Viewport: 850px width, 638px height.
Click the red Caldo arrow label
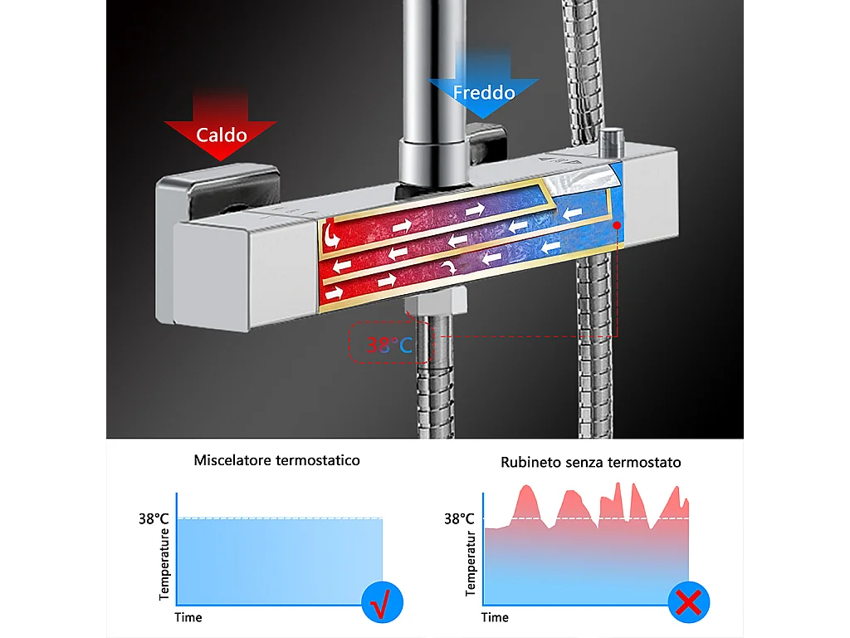coord(221,134)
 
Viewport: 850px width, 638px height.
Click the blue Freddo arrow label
coord(484,91)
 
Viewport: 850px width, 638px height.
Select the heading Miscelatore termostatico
coord(277,459)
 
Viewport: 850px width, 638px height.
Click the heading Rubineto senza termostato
coord(590,462)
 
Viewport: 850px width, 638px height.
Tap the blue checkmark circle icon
coord(382,602)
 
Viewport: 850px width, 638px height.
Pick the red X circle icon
coord(688,602)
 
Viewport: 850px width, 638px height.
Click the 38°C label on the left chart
coord(154,518)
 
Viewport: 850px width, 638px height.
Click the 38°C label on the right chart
coord(458,518)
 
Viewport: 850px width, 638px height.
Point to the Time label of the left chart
coord(188,617)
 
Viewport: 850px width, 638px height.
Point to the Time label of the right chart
coord(495,617)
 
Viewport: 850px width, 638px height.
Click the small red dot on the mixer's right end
coord(618,225)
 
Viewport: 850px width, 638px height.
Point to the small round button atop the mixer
coord(614,136)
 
